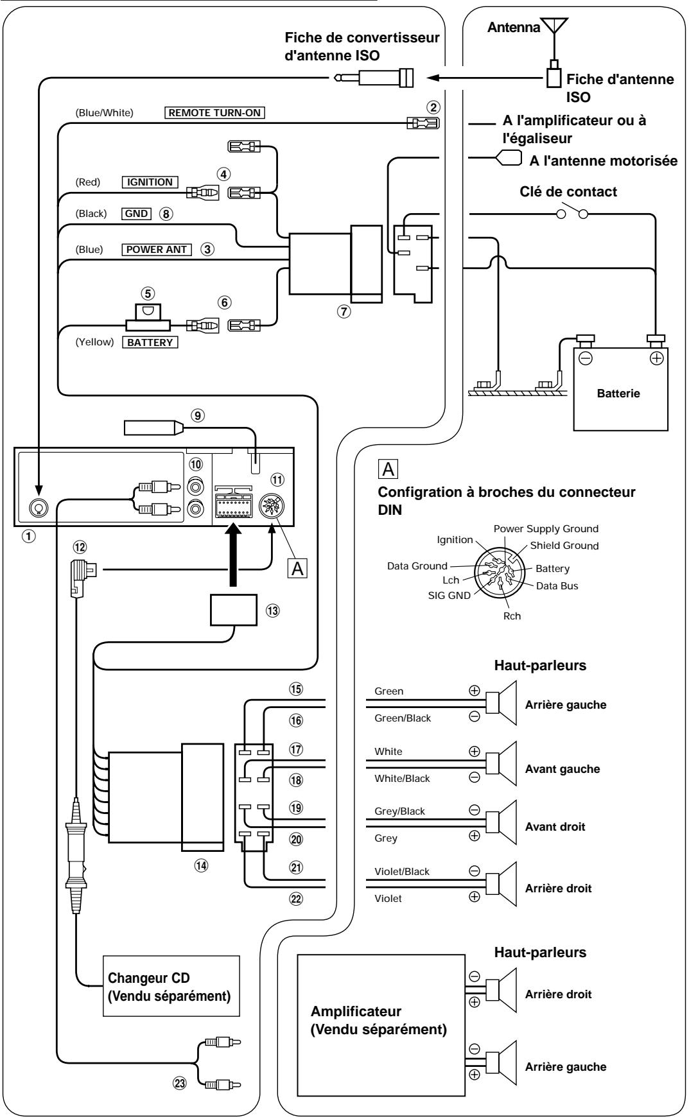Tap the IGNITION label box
click(x=149, y=182)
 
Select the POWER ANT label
click(x=157, y=250)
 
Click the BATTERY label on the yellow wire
click(x=150, y=342)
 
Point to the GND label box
click(x=136, y=214)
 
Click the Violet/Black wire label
click(x=402, y=872)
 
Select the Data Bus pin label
click(x=557, y=586)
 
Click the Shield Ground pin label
click(x=564, y=546)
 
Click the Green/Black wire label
click(x=403, y=718)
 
